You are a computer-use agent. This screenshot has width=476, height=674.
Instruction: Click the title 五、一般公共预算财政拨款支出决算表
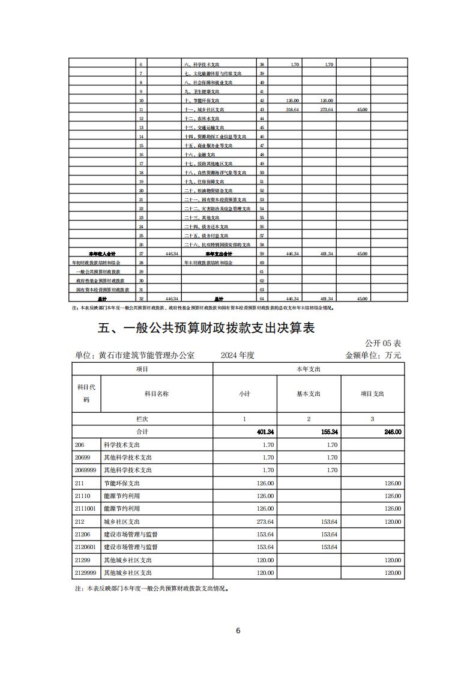point(206,328)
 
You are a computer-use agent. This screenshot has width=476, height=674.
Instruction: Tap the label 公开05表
point(383,343)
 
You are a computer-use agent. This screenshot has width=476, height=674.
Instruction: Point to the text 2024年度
point(238,355)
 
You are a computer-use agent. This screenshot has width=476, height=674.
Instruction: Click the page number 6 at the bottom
point(238,630)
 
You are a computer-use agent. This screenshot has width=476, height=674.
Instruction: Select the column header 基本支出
point(309,393)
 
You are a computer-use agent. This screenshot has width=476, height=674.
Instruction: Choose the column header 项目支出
point(372,393)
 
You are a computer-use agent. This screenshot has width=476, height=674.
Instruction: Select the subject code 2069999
point(86,470)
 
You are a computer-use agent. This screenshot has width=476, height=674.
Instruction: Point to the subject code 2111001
point(86,509)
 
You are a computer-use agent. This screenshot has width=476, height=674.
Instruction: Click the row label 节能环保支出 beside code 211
point(122,483)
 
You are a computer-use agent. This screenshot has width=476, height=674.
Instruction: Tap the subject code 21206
point(83,534)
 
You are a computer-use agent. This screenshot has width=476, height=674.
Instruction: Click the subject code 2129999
point(86,573)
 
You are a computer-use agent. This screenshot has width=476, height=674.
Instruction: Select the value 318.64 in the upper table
point(292,110)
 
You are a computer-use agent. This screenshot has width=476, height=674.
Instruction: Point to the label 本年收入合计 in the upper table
point(102,254)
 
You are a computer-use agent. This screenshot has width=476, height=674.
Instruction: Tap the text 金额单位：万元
point(373,355)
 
